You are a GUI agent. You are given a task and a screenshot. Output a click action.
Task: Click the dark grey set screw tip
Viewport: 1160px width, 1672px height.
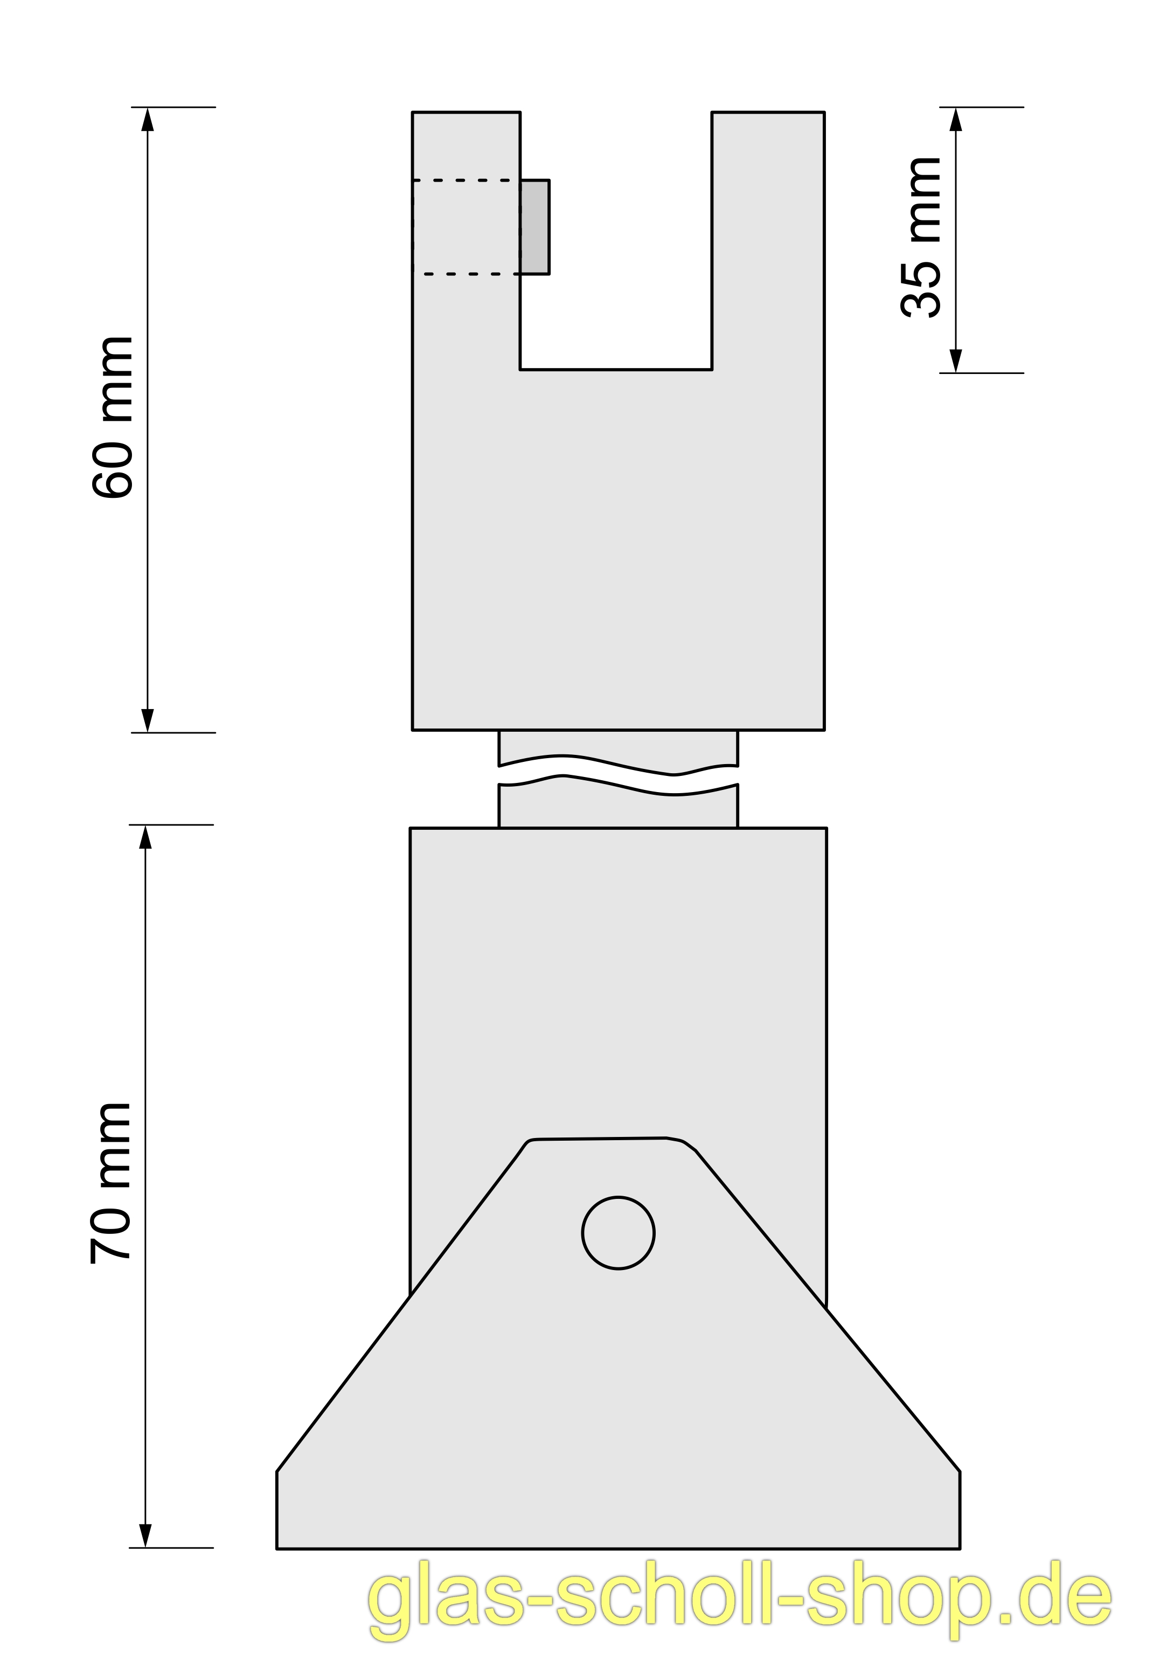(x=535, y=226)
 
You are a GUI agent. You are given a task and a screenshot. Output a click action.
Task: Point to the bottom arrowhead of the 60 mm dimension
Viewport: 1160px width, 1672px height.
(x=148, y=720)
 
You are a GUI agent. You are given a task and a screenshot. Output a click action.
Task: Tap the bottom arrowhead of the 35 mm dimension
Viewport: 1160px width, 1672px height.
(x=956, y=360)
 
